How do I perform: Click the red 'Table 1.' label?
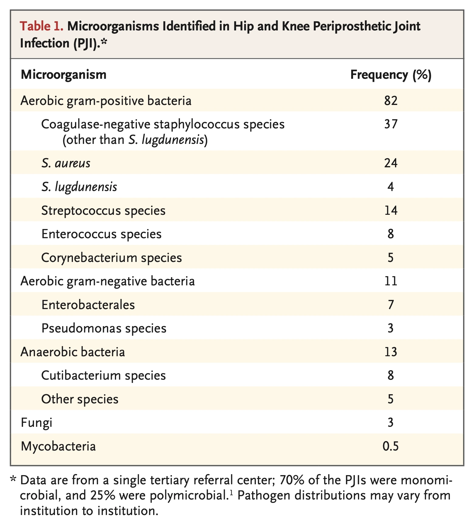coord(42,27)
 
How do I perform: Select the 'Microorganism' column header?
coord(64,75)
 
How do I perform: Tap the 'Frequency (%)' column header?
coord(391,75)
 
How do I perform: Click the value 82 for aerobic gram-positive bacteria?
coord(391,101)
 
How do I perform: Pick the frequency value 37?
coord(391,124)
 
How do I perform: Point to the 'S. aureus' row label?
coord(66,163)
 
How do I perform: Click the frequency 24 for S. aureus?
coord(391,163)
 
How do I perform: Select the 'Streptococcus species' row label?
coord(103,211)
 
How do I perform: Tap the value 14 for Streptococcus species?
coord(391,211)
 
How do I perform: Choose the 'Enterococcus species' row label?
coord(101,234)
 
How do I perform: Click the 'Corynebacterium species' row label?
coord(112,258)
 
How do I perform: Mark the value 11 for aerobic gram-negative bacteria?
coord(391,281)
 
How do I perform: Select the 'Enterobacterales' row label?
coord(88,305)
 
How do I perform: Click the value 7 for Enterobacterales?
coord(391,305)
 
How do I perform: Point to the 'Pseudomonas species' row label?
coord(104,328)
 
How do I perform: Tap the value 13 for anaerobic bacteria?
coord(391,352)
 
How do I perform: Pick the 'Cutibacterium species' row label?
coord(104,375)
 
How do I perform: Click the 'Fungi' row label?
coord(36,423)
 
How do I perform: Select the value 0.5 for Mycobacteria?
coord(391,446)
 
